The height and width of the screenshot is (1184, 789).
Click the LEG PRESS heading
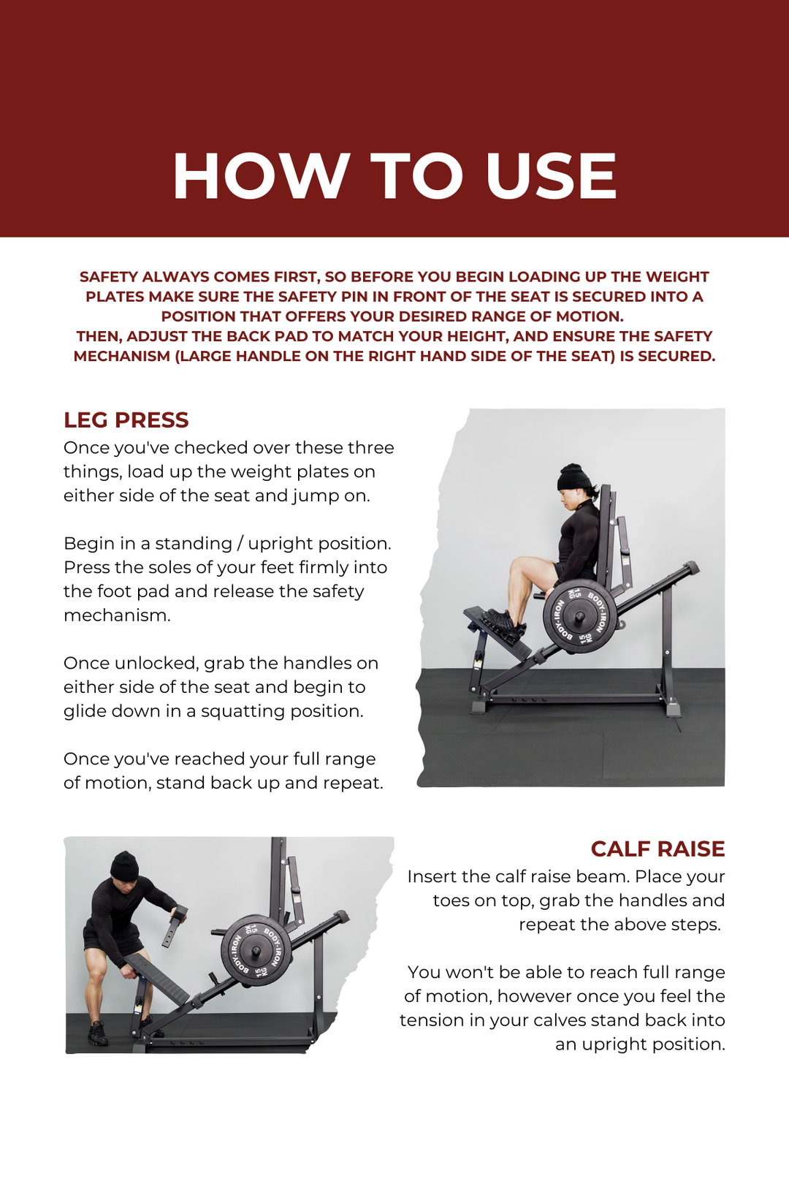126,420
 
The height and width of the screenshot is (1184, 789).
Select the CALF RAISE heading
657,849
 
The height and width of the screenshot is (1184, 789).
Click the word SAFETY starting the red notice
109,277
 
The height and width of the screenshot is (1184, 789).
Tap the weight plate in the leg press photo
579,617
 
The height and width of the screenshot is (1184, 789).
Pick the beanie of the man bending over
124,866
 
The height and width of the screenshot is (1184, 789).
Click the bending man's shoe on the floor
97,1033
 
